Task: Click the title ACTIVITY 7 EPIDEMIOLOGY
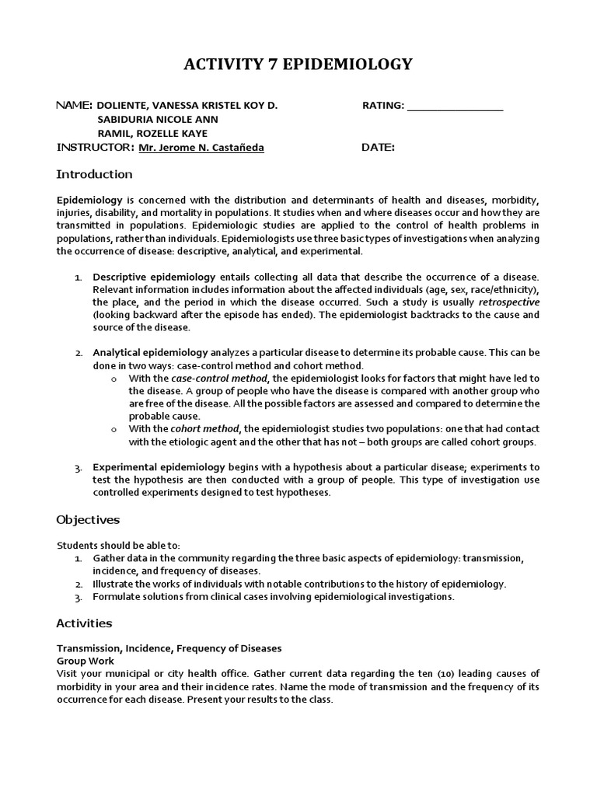pyautogui.click(x=298, y=65)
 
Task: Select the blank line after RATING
pyautogui.click(x=455, y=106)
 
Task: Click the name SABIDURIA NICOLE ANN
pyautogui.click(x=157, y=120)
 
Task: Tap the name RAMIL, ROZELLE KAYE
pyautogui.click(x=152, y=134)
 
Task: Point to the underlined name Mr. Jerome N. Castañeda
pyautogui.click(x=201, y=148)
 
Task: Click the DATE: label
pyautogui.click(x=378, y=148)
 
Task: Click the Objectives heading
pyautogui.click(x=87, y=519)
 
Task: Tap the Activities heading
pyautogui.click(x=84, y=623)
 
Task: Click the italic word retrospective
pyautogui.click(x=508, y=302)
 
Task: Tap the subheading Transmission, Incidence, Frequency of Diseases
pyautogui.click(x=169, y=648)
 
